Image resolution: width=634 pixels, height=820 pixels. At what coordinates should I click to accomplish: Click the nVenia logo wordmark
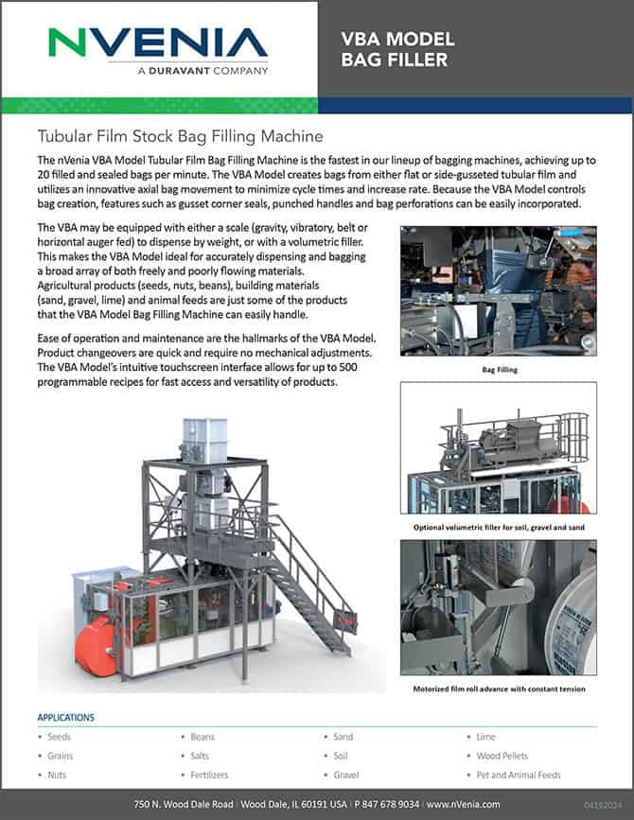coord(158,43)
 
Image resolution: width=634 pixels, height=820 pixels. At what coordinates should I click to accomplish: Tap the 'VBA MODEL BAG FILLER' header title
coord(397,50)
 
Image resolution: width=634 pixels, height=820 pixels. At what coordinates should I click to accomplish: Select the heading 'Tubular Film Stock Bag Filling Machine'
coord(180,136)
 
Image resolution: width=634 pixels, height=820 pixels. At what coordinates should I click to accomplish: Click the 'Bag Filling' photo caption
coord(498,370)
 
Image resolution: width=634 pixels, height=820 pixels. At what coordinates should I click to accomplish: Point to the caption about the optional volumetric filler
coord(498,526)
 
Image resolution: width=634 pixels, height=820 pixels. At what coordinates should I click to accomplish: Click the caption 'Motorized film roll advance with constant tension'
coord(498,689)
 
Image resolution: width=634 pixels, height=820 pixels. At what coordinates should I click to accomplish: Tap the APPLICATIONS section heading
coord(72,717)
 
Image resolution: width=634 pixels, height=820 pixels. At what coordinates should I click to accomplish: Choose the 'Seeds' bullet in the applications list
coord(59,737)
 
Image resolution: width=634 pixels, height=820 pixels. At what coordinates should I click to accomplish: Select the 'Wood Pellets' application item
coord(502,756)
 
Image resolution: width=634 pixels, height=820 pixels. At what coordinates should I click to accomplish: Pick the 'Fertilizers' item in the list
coord(209,775)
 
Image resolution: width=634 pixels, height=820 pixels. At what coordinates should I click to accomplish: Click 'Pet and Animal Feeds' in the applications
coord(519,775)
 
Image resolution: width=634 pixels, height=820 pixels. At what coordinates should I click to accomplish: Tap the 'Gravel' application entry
coord(346,775)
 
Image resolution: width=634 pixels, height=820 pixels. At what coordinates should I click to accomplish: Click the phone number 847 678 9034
coord(389,803)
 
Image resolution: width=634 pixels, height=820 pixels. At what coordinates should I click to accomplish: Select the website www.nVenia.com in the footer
coord(463,803)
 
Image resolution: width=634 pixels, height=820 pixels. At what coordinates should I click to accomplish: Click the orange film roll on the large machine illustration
coord(91,636)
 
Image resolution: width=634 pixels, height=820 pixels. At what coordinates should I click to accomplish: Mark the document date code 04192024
coord(605,804)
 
